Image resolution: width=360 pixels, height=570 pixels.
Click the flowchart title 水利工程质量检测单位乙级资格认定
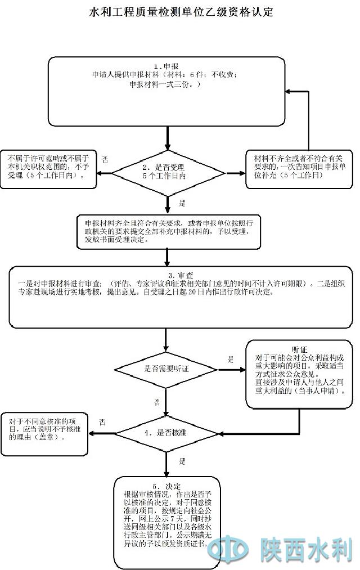(x=180, y=12)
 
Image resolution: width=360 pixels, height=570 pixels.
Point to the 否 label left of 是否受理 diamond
(x=105, y=160)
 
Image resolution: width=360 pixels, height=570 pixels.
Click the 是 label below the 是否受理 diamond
(x=182, y=203)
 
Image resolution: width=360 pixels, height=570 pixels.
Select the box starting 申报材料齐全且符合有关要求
(x=169, y=231)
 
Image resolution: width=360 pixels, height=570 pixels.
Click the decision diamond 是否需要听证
(x=166, y=369)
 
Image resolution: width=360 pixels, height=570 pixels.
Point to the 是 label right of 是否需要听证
(x=230, y=359)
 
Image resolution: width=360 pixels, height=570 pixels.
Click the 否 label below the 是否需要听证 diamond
(x=157, y=402)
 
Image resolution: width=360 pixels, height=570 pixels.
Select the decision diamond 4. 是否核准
(x=166, y=433)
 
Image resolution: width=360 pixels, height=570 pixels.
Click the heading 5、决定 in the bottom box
(x=166, y=486)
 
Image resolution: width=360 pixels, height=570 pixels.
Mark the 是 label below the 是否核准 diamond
(x=182, y=461)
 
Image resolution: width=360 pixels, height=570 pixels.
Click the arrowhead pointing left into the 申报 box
(x=289, y=91)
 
